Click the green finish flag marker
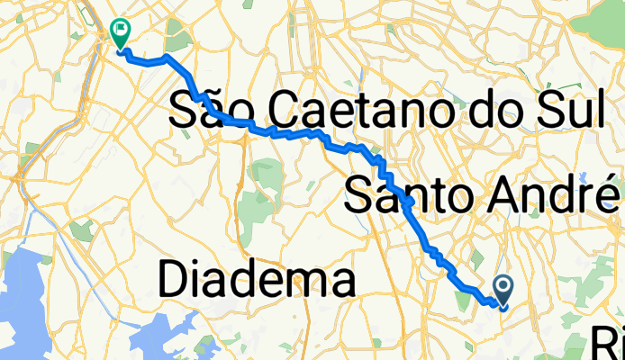pyautogui.click(x=119, y=31)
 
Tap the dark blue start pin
pyautogui.click(x=503, y=288)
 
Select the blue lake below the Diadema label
pyautogui.click(x=162, y=337)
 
